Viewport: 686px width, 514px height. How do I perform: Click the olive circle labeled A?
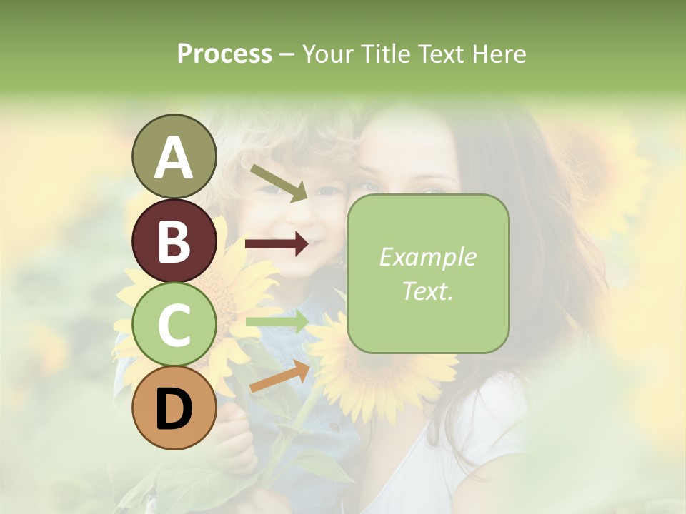click(174, 156)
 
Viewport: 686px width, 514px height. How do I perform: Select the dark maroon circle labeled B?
click(174, 241)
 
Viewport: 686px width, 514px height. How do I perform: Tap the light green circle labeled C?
click(174, 324)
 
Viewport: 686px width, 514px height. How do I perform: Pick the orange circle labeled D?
click(174, 408)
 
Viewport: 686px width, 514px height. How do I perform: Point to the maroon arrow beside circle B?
click(277, 244)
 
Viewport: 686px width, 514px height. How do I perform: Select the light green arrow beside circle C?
click(277, 322)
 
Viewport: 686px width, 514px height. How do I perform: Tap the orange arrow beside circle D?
click(279, 376)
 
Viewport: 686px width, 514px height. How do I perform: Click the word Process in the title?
click(224, 54)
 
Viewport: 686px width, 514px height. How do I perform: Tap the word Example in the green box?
click(427, 257)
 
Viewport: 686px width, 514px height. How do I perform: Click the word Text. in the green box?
click(427, 291)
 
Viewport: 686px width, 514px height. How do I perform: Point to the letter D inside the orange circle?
click(174, 409)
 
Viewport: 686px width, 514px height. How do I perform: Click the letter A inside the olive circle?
click(174, 158)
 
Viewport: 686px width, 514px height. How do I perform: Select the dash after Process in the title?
click(287, 54)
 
